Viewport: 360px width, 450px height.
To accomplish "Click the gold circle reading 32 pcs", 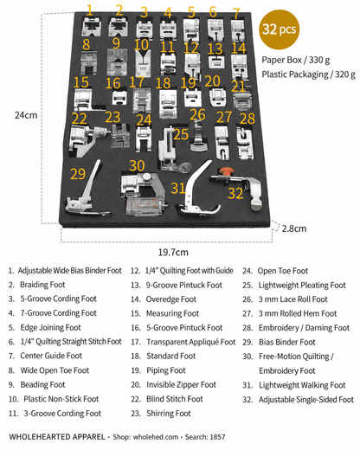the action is [280, 29].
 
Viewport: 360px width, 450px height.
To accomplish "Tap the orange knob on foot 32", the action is [226, 172].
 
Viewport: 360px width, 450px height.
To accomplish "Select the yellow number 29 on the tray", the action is [78, 174].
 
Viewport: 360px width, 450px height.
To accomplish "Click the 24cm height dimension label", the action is [26, 115].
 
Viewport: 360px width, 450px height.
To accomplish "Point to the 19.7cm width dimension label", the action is [173, 252].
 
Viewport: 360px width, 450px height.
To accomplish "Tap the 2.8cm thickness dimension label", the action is [294, 228].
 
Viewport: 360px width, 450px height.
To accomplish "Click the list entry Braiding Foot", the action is [42, 285].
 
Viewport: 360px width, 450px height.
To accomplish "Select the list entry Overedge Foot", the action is [171, 299].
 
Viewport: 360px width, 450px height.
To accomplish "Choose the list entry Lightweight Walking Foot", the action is [302, 385].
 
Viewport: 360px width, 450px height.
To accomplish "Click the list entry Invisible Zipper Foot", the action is [181, 385].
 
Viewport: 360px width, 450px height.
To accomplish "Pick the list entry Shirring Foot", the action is [169, 414].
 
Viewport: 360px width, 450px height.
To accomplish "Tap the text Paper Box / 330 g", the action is [296, 60].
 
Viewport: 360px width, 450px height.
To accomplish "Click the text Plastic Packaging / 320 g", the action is [308, 74].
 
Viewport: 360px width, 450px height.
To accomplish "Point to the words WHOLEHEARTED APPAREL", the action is [57, 437].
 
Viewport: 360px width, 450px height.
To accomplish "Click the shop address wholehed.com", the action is [156, 437].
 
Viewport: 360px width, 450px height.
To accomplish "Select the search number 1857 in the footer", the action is [217, 437].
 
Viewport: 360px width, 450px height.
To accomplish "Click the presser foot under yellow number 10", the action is [143, 64].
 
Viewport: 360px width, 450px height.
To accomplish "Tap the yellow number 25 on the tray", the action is [181, 134].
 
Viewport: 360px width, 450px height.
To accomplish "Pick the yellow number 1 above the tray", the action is [90, 10].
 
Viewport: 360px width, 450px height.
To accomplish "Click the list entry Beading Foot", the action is [42, 385].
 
